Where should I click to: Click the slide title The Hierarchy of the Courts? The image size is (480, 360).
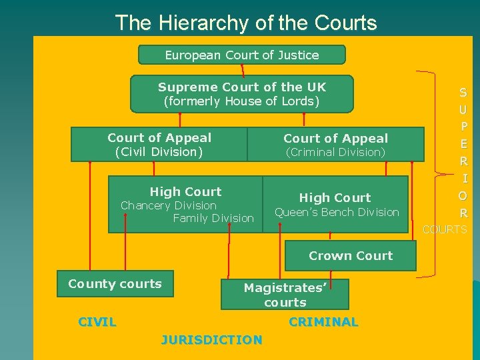tap(246, 23)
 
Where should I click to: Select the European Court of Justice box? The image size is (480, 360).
tap(241, 55)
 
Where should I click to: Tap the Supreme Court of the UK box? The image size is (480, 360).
tap(241, 93)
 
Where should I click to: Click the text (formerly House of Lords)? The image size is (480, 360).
tap(241, 102)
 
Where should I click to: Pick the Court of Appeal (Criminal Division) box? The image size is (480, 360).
tap(335, 145)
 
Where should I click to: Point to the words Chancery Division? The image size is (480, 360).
tap(168, 205)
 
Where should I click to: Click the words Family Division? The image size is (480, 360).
tap(213, 218)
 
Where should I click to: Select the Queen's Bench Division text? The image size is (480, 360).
tap(337, 212)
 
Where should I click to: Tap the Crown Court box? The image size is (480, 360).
tap(351, 255)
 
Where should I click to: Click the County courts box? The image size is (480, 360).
tap(115, 283)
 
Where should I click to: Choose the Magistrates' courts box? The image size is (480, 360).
tap(285, 294)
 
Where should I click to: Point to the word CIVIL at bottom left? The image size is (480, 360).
tap(97, 322)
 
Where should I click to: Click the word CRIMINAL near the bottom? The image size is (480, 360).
tap(323, 322)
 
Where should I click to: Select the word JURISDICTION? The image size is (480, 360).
tap(211, 340)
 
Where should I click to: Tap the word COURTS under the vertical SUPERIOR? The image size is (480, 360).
tap(445, 229)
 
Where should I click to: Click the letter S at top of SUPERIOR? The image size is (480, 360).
tap(463, 93)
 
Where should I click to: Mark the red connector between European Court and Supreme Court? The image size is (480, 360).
tap(242, 69)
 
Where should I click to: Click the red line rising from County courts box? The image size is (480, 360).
tap(89, 213)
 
